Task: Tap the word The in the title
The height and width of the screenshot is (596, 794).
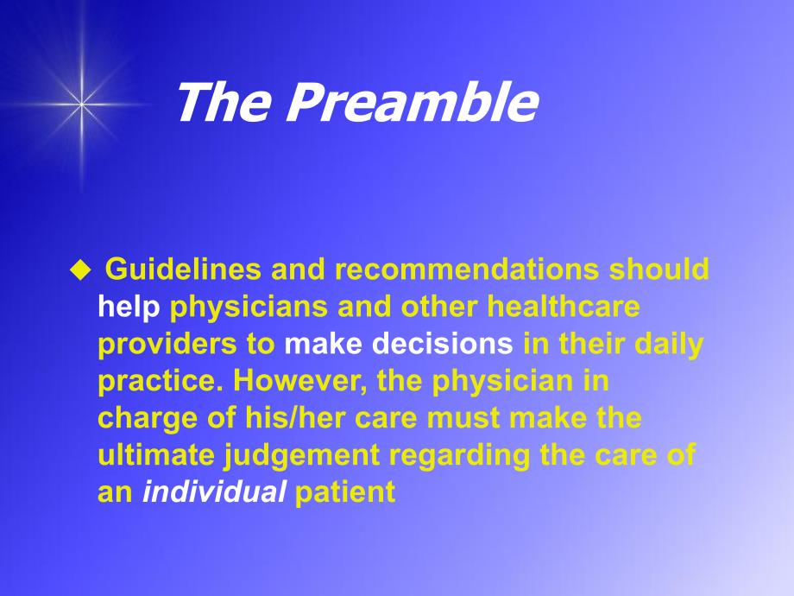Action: [223, 102]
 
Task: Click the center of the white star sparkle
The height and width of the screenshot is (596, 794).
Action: [81, 105]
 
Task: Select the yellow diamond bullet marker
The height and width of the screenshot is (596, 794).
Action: [80, 270]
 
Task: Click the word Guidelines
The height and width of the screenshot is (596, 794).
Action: [183, 269]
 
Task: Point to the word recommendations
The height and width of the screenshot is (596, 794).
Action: [466, 269]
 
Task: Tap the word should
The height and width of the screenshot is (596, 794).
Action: [659, 269]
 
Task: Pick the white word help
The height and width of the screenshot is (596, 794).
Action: [129, 308]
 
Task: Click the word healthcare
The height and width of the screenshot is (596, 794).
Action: [564, 306]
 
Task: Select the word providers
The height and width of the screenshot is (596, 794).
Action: [167, 345]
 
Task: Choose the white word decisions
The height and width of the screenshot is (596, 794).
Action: [443, 344]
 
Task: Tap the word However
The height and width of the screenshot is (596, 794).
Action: [300, 381]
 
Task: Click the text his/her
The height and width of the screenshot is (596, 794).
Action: [295, 417]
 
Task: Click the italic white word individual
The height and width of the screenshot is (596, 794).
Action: [214, 491]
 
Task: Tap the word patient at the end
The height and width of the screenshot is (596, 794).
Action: [345, 492]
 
